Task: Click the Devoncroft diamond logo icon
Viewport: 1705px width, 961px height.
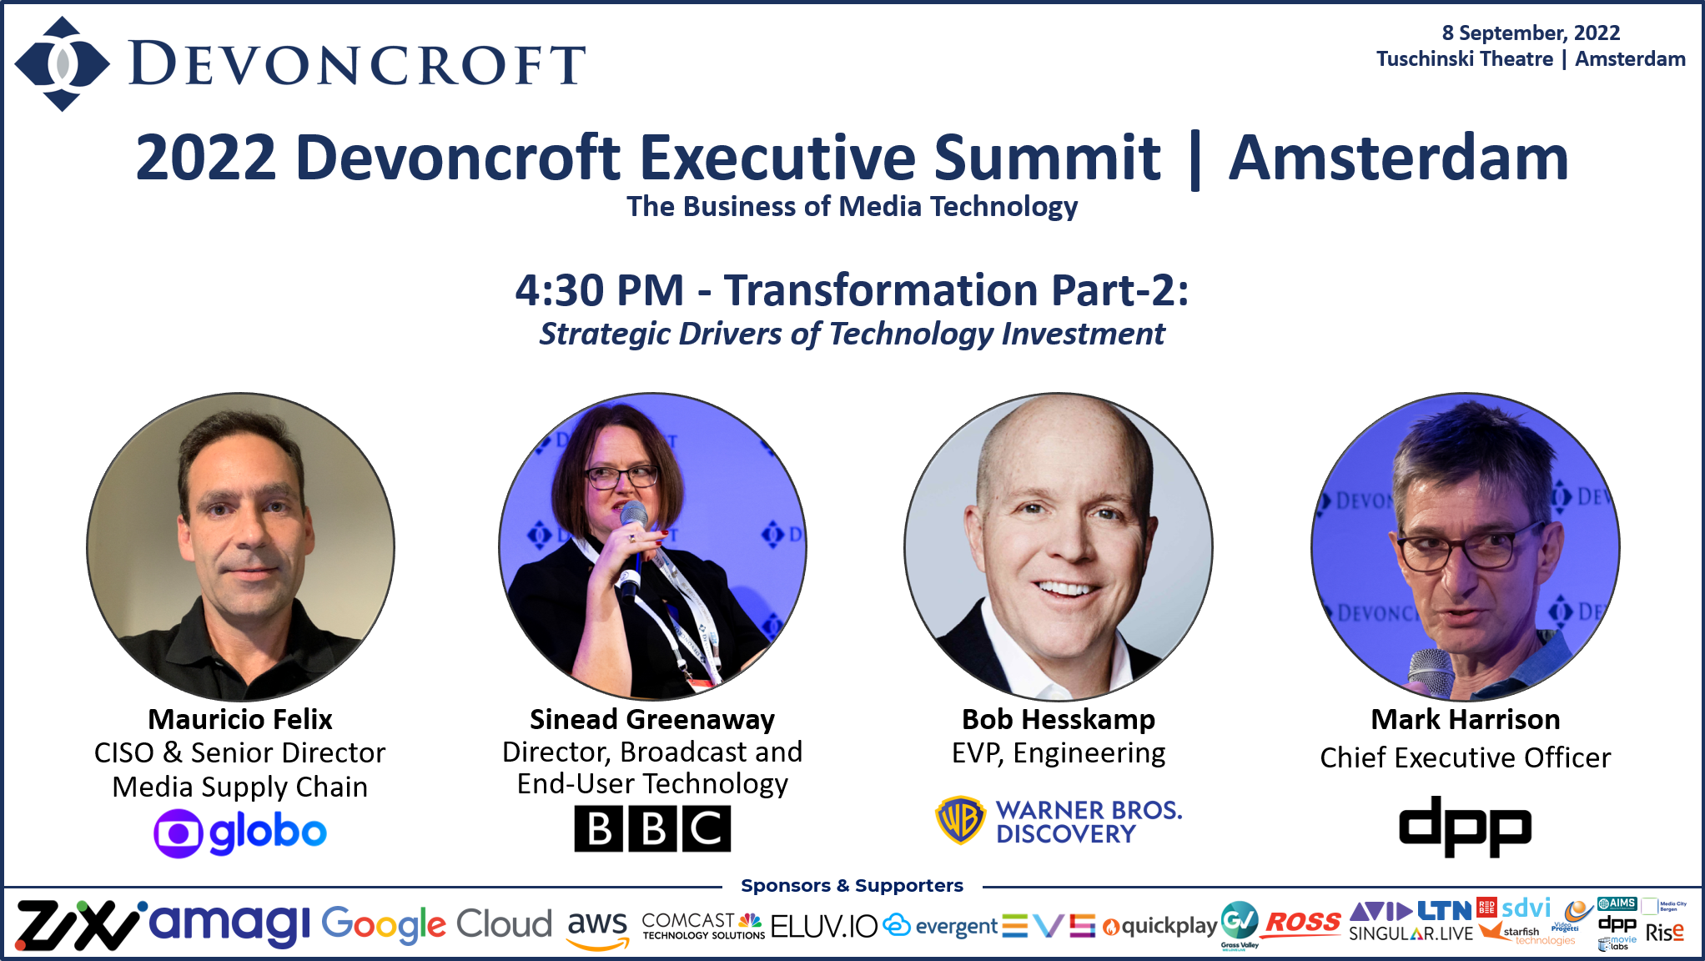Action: [x=62, y=64]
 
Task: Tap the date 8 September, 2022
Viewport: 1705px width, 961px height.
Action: [x=1530, y=33]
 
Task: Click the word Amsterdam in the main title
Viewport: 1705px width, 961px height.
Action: [x=1398, y=158]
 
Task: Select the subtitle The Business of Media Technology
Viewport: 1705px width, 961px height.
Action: [x=852, y=206]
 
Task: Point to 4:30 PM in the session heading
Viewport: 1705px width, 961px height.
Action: [x=599, y=290]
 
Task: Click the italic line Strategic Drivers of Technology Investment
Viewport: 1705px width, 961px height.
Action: [x=852, y=334]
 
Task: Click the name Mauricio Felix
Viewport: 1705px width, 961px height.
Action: [x=240, y=719]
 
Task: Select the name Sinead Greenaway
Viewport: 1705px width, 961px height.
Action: [x=652, y=719]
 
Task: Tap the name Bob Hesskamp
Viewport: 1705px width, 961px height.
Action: [x=1059, y=719]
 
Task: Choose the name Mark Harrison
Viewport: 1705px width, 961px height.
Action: [x=1465, y=719]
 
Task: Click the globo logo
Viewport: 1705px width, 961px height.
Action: [x=240, y=833]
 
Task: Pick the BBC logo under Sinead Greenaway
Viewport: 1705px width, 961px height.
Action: [x=652, y=828]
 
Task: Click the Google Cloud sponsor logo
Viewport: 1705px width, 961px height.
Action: [x=436, y=924]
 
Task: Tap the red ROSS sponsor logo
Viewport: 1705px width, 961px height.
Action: [x=1303, y=923]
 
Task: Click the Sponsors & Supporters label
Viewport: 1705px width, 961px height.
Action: [x=852, y=885]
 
